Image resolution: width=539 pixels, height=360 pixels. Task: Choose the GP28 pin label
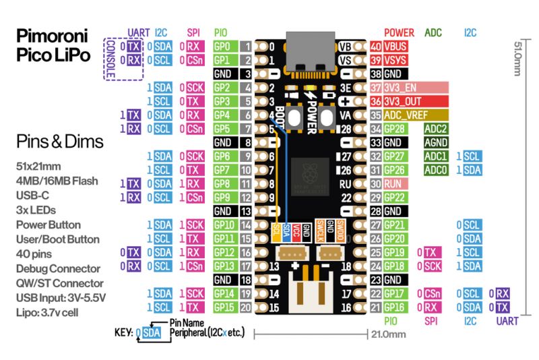pyautogui.click(x=395, y=129)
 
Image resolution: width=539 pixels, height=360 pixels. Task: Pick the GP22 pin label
pyautogui.click(x=395, y=198)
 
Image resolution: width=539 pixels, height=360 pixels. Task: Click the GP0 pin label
pyautogui.click(x=223, y=47)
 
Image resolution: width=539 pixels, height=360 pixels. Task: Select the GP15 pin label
pyautogui.click(x=223, y=307)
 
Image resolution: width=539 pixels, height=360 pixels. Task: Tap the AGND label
pyautogui.click(x=436, y=143)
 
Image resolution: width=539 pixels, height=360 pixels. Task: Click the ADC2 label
pyautogui.click(x=436, y=129)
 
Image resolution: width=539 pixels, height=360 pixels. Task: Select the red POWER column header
pyautogui.click(x=399, y=32)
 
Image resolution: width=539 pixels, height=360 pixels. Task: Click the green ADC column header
pyautogui.click(x=434, y=32)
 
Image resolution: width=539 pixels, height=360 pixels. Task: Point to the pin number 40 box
pyautogui.click(x=376, y=47)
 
